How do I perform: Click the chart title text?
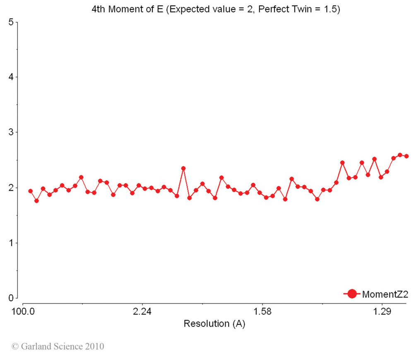point(216,10)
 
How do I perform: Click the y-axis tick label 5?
point(11,22)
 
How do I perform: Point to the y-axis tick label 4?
point(11,77)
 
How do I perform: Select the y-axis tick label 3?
point(11,132)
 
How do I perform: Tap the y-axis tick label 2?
point(11,187)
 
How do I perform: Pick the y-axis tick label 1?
point(11,242)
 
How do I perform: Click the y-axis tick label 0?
point(11,297)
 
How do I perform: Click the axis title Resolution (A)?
point(214,324)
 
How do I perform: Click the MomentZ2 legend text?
point(385,294)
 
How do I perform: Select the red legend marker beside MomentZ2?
point(352,294)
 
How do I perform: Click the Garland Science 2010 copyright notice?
point(58,346)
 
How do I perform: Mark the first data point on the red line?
point(30,191)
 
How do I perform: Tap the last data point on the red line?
point(407,156)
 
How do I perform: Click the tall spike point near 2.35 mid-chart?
point(183,168)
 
